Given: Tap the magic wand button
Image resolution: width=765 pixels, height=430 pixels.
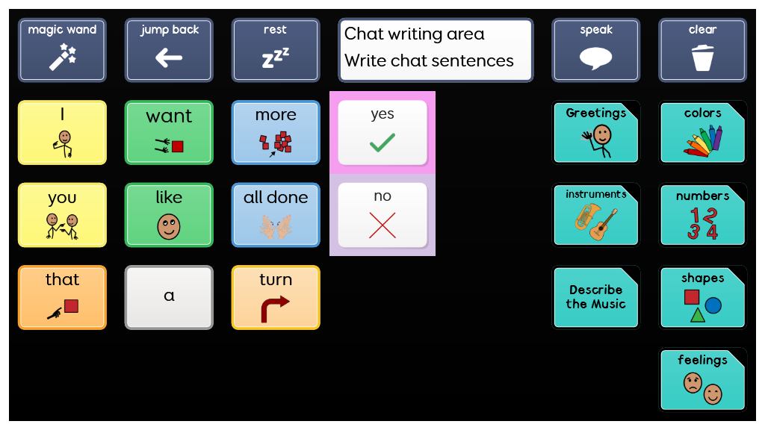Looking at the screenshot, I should click(x=62, y=50).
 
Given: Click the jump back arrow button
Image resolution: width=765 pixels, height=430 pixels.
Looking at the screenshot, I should click(x=170, y=50).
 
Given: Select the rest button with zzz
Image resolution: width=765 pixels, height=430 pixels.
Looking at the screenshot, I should click(x=276, y=50).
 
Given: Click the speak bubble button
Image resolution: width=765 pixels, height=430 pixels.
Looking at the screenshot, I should click(x=595, y=50).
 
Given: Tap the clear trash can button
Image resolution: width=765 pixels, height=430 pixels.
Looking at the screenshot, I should click(x=702, y=50).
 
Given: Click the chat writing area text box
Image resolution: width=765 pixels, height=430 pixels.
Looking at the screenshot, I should click(x=436, y=50).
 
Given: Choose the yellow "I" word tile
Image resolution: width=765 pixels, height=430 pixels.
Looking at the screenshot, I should click(x=62, y=132).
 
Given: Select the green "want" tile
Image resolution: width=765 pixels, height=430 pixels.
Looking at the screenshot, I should click(x=170, y=132).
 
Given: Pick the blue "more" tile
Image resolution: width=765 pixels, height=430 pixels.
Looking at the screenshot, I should click(x=276, y=132).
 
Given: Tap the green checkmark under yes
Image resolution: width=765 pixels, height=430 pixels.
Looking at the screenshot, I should click(x=382, y=142).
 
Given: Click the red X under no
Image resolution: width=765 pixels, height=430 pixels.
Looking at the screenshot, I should click(x=382, y=224).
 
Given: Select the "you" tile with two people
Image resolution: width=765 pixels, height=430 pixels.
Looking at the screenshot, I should click(x=62, y=214).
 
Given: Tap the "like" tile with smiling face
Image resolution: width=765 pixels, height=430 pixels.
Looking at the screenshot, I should click(x=170, y=214).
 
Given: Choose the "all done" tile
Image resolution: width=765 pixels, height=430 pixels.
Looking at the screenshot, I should click(x=276, y=214).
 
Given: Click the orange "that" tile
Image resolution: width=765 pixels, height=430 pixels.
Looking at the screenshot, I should click(x=62, y=296).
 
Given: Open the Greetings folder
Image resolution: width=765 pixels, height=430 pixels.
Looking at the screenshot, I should click(x=595, y=132).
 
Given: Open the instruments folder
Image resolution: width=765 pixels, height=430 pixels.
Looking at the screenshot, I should click(x=595, y=214).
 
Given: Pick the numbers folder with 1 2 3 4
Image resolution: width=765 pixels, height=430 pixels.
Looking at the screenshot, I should click(x=702, y=214).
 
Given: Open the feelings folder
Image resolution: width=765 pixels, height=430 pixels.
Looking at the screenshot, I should click(x=702, y=379).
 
